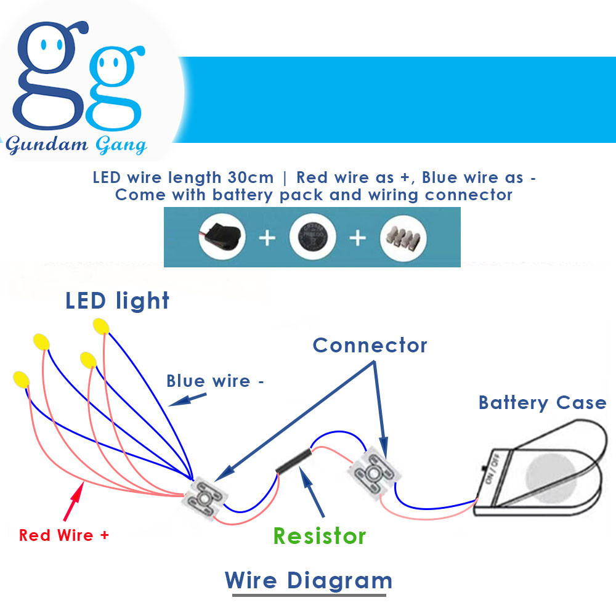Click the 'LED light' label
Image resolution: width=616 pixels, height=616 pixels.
click(x=117, y=301)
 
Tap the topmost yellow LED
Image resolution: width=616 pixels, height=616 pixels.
click(x=101, y=326)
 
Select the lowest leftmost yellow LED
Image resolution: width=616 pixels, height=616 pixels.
click(x=21, y=378)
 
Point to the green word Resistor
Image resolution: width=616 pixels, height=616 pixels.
click(x=319, y=536)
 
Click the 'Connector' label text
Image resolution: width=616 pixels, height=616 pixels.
click(x=370, y=345)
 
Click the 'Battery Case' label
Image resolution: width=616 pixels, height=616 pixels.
click(x=542, y=403)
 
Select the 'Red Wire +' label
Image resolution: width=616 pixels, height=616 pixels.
click(x=64, y=535)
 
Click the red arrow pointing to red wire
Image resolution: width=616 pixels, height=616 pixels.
click(x=72, y=500)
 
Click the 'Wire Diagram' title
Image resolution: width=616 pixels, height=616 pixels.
click(x=308, y=580)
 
